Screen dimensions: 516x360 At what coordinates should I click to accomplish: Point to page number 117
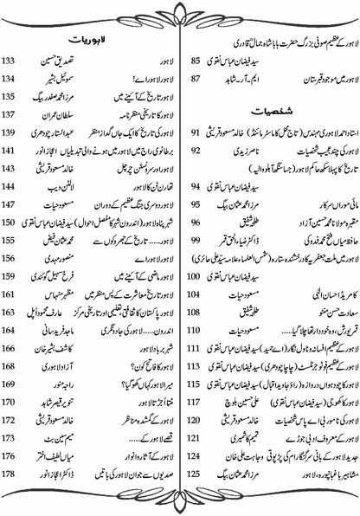click(x=196, y=401)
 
